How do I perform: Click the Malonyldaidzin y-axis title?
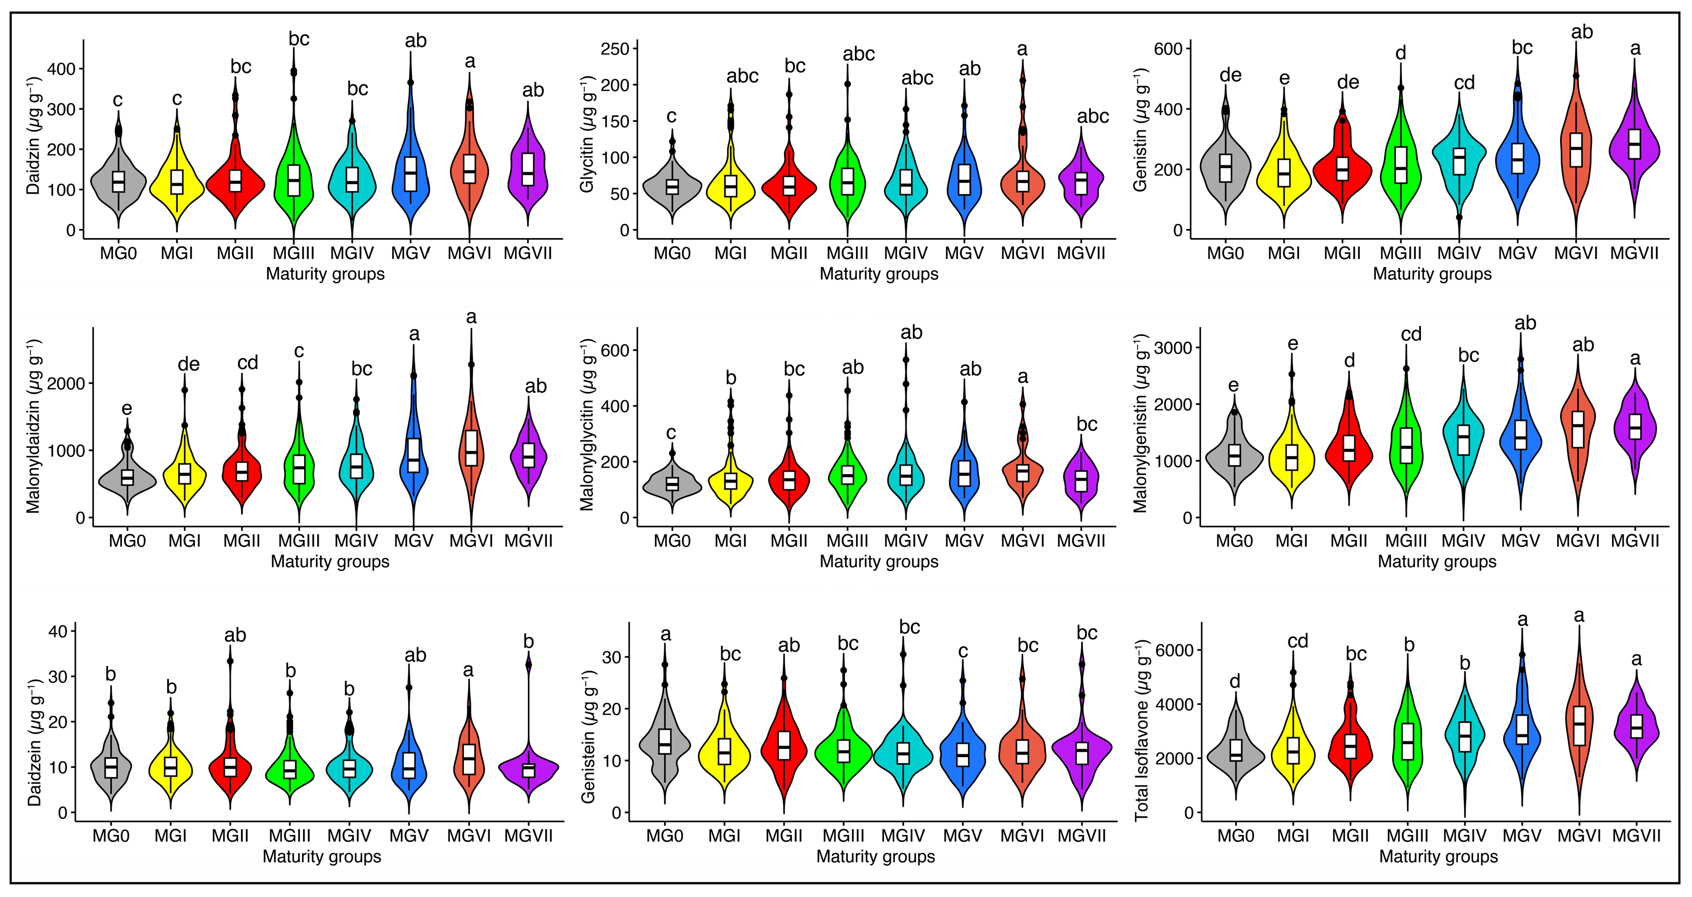click(33, 425)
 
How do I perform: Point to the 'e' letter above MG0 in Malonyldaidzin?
click(126, 409)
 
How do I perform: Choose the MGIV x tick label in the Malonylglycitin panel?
click(906, 541)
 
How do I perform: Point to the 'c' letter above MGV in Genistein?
click(963, 651)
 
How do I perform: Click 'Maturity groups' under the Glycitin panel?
click(879, 274)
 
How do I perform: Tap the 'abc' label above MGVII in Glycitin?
click(1093, 116)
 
